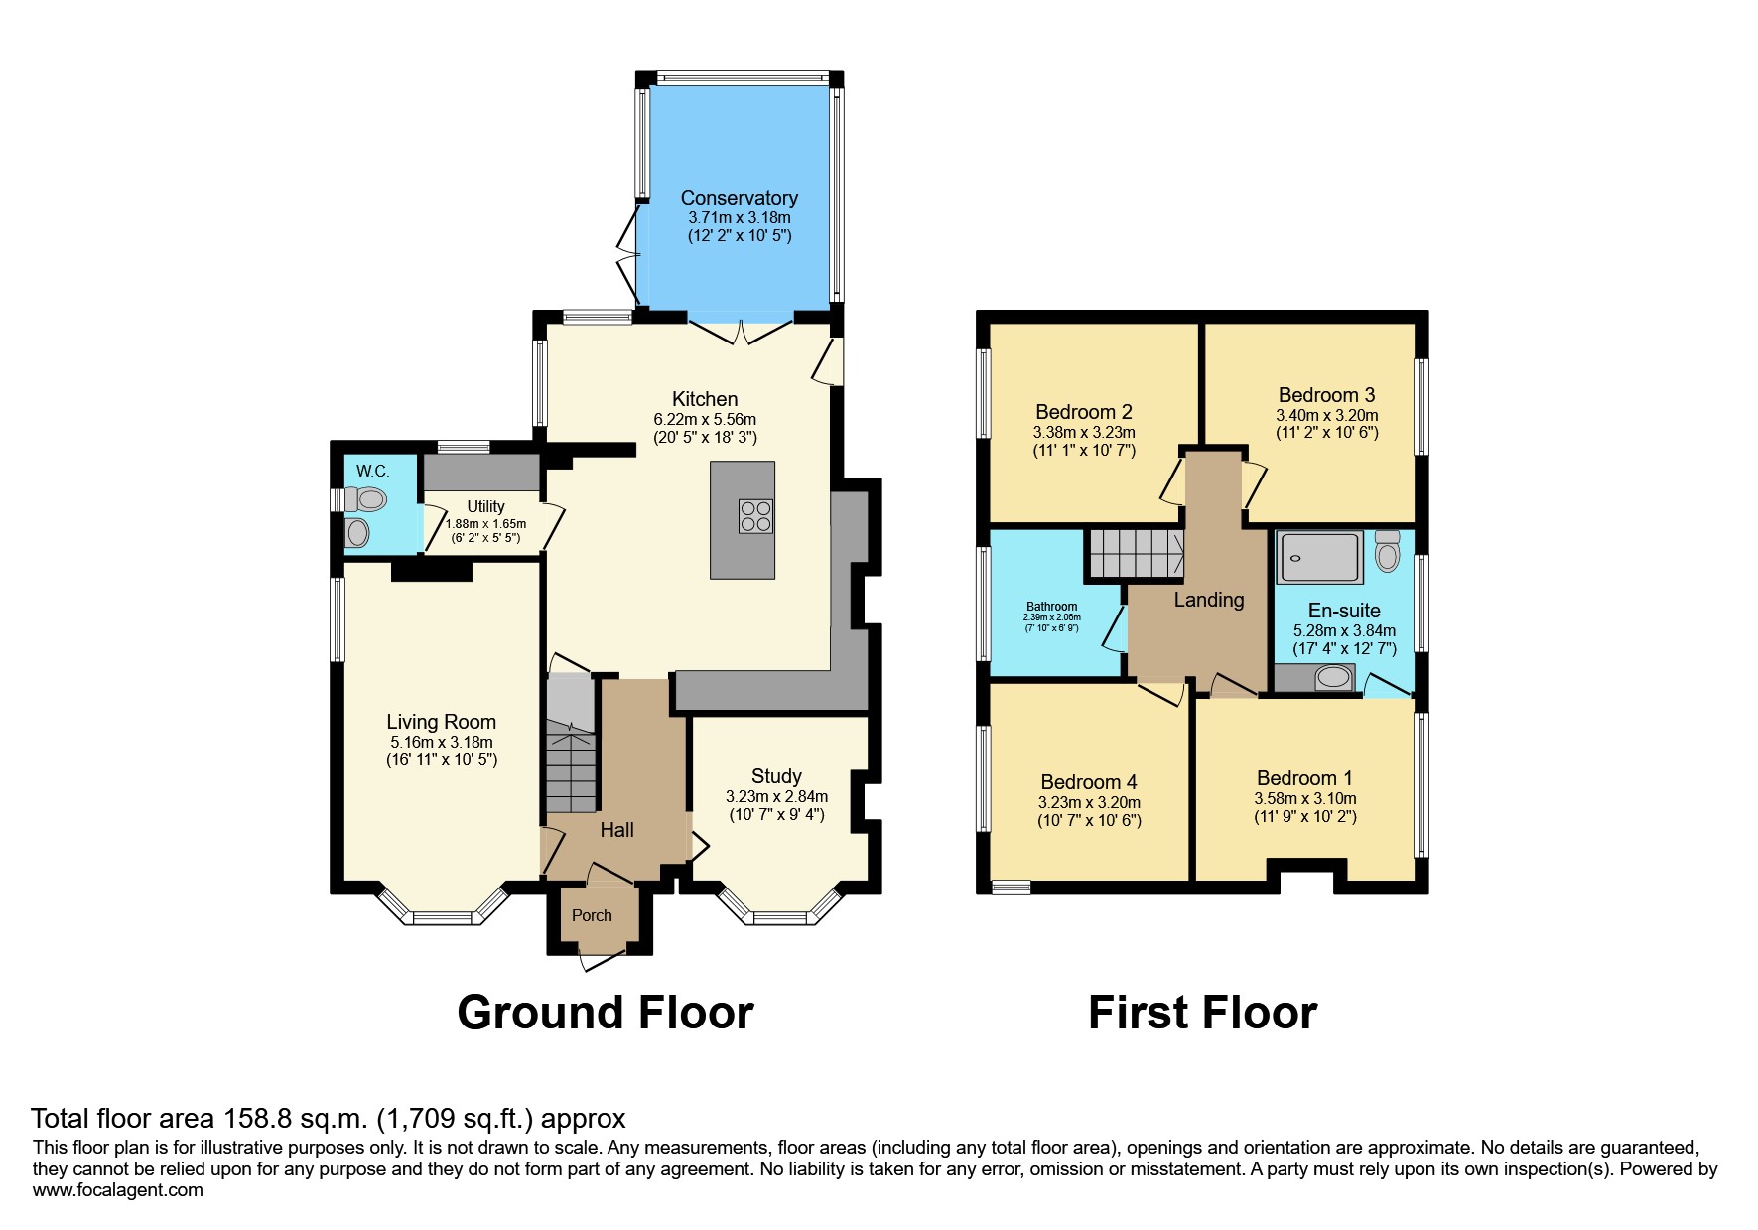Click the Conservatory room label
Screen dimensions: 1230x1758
pos(739,198)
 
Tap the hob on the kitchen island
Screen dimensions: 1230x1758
pos(755,517)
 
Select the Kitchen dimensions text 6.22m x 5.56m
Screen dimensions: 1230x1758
pos(705,419)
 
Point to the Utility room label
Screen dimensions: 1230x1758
pos(485,506)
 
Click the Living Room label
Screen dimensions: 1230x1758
pos(441,722)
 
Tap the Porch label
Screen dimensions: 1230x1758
pos(592,915)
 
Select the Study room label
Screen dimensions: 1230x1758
pos(776,776)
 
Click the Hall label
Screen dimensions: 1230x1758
pos(616,830)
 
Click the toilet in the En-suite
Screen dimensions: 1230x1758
pos(1387,552)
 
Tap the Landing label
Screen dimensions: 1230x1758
pos(1208,600)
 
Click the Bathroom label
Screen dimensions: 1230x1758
pos(1051,607)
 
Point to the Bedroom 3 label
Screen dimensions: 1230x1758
pos(1326,395)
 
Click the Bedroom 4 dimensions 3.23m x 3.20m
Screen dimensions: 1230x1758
pos(1089,802)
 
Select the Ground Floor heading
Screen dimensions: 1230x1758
pos(605,1013)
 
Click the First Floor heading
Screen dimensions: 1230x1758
pos(1202,1013)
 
